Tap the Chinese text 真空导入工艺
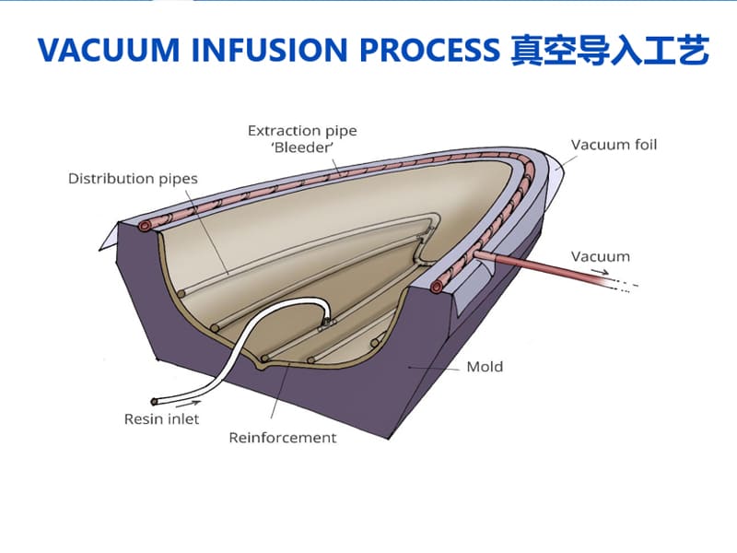(609, 53)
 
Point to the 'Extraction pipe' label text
(301, 130)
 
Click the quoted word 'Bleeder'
(301, 147)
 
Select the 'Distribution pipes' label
(133, 178)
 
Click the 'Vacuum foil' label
(614, 145)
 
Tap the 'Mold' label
(485, 367)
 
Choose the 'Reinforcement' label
(283, 438)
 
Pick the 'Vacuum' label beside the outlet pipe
(600, 256)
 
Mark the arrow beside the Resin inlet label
(188, 403)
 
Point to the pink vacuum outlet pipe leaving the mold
(544, 269)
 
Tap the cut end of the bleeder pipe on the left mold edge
(146, 226)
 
